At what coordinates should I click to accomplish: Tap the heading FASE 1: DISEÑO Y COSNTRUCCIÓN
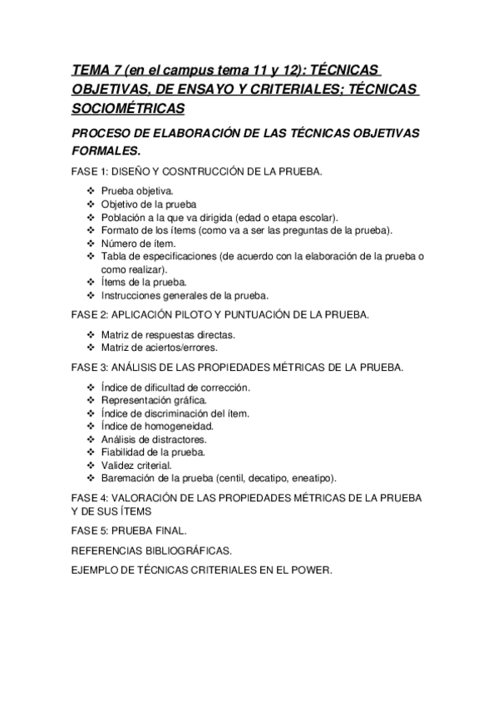click(x=197, y=171)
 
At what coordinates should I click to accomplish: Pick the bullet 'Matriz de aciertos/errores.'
click(x=159, y=348)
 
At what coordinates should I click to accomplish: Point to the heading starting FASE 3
click(x=238, y=367)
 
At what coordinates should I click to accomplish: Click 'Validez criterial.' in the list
click(x=136, y=466)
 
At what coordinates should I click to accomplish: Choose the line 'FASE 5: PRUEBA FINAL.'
click(x=129, y=530)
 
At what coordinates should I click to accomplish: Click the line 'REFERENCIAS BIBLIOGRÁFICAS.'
click(x=151, y=550)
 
